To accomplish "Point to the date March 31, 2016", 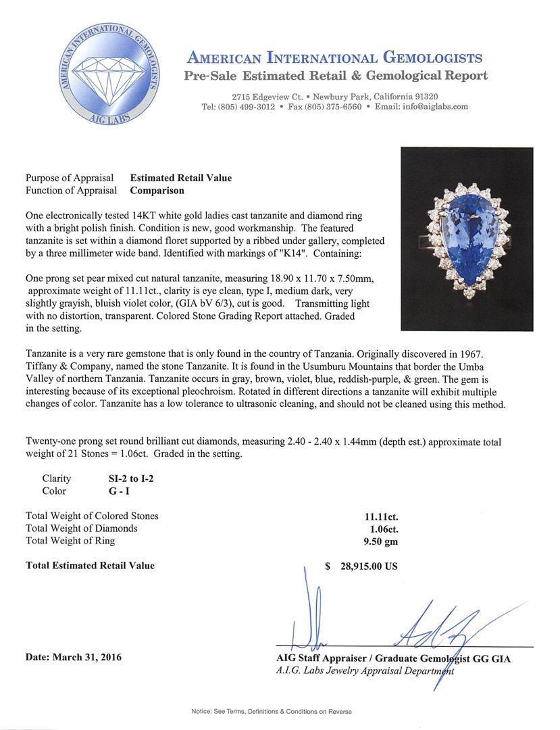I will tap(74, 657).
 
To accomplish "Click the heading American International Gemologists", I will tap(334, 57).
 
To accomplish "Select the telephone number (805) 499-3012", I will tap(247, 107).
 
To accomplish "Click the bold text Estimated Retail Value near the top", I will tap(180, 178).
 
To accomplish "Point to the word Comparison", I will tap(157, 191).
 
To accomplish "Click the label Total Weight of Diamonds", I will tap(81, 529).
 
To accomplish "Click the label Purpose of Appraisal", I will tap(70, 178).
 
